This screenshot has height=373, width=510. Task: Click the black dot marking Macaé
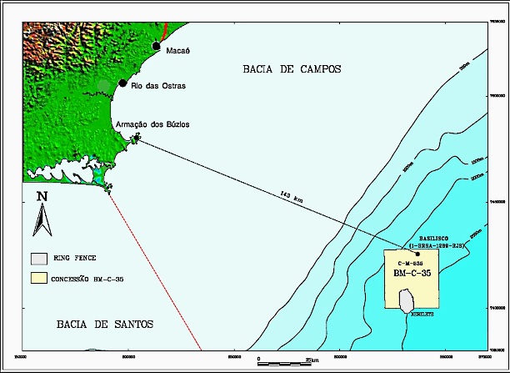[x=156, y=46]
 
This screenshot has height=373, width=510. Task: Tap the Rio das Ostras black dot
[x=122, y=83]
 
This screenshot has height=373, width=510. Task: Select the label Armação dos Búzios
[x=153, y=124]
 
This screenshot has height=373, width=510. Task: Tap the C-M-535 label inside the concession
[x=411, y=263]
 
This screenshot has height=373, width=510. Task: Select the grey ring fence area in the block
[x=407, y=298]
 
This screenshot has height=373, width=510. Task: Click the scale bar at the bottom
[x=283, y=362]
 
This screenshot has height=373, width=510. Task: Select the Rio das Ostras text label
[x=157, y=86]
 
